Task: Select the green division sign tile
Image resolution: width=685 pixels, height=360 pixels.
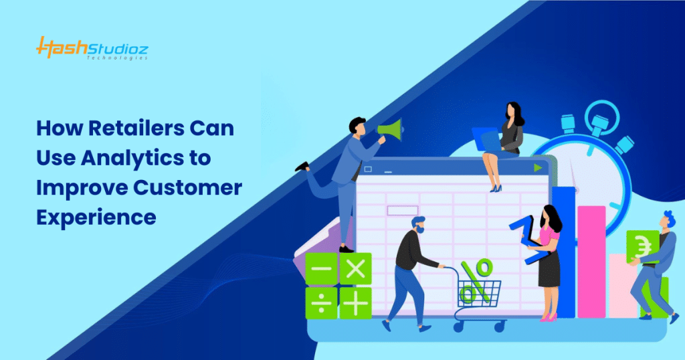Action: pos(321,303)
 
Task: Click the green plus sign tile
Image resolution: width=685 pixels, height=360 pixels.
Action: pos(356,303)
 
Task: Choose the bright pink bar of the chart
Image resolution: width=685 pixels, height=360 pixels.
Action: pos(591,261)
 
